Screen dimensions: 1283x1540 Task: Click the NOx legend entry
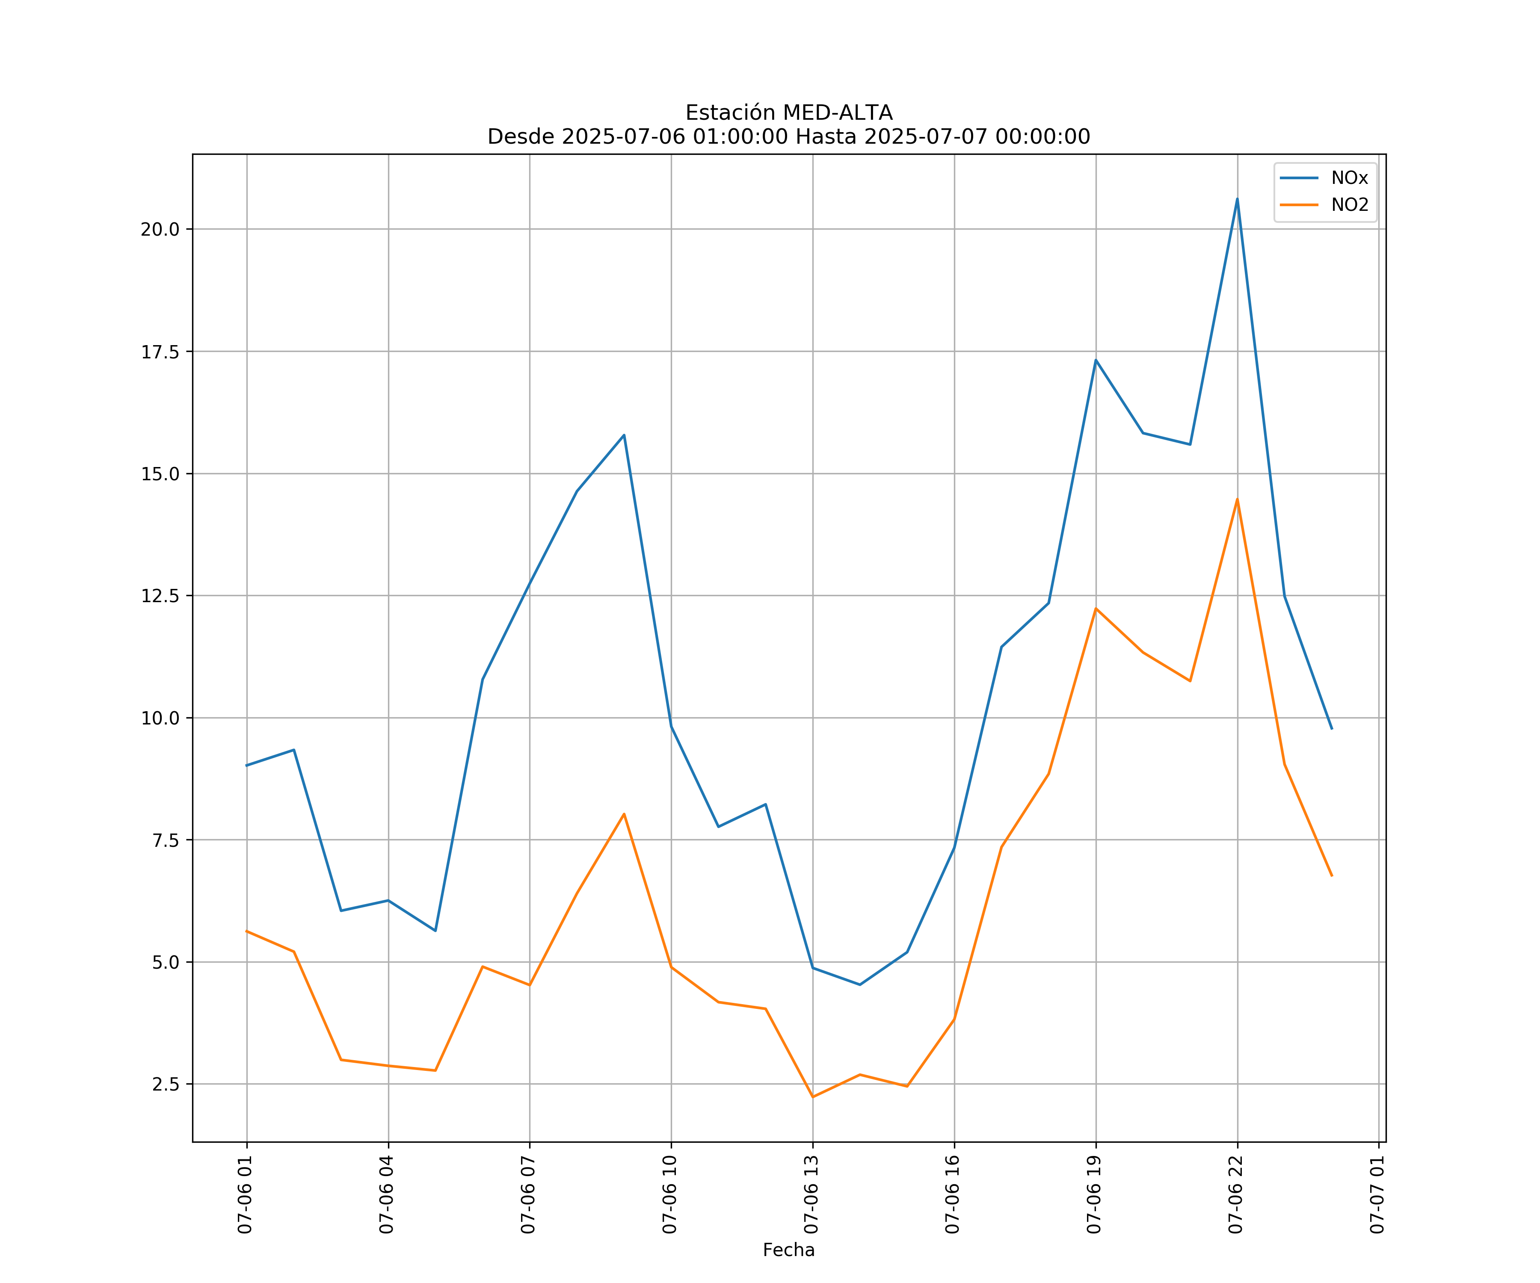[x=1349, y=178]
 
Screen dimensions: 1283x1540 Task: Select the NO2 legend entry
[x=1349, y=205]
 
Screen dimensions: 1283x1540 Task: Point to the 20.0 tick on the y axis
[x=160, y=230]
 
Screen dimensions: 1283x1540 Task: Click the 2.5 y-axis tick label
[x=166, y=1084]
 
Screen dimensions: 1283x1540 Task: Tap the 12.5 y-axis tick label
[x=160, y=596]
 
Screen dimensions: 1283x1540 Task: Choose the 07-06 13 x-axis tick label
[x=811, y=1195]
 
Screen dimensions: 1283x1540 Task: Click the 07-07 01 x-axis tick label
[x=1377, y=1195]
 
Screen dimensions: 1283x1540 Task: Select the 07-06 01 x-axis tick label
[x=245, y=1195]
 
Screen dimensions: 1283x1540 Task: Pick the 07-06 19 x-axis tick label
[x=1094, y=1195]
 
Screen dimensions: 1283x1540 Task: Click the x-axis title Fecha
[x=788, y=1250]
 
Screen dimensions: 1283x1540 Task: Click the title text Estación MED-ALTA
[x=788, y=113]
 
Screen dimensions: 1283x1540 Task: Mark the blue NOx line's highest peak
[x=1237, y=199]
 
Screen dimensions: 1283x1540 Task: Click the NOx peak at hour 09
[x=624, y=435]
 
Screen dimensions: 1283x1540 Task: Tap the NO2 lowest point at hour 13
[x=812, y=1097]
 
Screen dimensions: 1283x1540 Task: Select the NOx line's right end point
[x=1332, y=729]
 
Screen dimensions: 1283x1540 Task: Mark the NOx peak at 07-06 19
[x=1096, y=360]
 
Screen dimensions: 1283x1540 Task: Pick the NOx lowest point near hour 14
[x=859, y=984]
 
